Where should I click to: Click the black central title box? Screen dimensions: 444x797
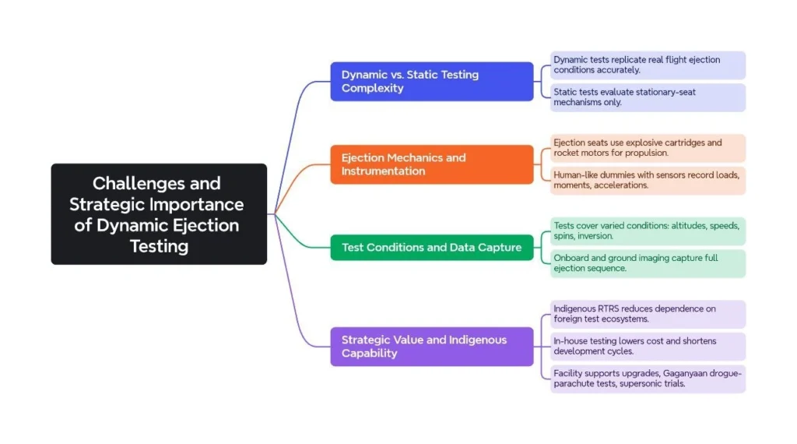click(x=159, y=214)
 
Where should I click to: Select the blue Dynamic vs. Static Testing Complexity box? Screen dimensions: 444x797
click(x=432, y=82)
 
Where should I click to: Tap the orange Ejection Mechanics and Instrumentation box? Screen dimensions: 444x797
click(x=432, y=164)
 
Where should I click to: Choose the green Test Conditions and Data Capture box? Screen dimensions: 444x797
click(x=432, y=248)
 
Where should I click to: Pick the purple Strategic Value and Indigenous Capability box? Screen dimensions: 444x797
click(x=432, y=347)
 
